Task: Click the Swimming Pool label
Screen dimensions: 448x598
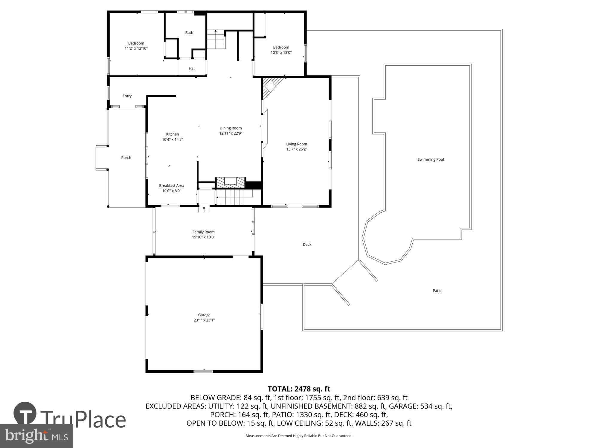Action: pyautogui.click(x=431, y=159)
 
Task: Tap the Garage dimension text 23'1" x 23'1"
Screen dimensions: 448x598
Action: pyautogui.click(x=204, y=320)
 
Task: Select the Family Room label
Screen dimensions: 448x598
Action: pyautogui.click(x=203, y=232)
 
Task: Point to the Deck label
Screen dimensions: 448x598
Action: pyautogui.click(x=307, y=245)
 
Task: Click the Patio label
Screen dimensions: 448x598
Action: pyautogui.click(x=437, y=291)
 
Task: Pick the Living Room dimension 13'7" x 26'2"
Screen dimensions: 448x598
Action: pyautogui.click(x=297, y=149)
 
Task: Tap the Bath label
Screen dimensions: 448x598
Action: pyautogui.click(x=189, y=33)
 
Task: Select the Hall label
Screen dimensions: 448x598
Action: pyautogui.click(x=192, y=69)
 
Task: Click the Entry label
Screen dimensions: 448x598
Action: pyautogui.click(x=127, y=96)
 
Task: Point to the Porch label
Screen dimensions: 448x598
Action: pyautogui.click(x=126, y=158)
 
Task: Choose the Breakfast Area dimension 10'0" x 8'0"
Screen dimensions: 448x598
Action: pyautogui.click(x=172, y=191)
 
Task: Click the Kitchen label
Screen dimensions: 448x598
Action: pyautogui.click(x=173, y=134)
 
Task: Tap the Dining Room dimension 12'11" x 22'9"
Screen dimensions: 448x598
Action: pyautogui.click(x=231, y=134)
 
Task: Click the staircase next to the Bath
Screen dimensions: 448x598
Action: pyautogui.click(x=216, y=39)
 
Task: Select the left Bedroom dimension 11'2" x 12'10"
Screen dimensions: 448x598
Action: pyautogui.click(x=136, y=48)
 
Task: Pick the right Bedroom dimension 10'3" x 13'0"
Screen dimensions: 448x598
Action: pyautogui.click(x=281, y=53)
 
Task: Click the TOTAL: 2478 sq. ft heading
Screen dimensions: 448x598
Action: pyautogui.click(x=299, y=389)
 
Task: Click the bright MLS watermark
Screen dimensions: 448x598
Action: pyautogui.click(x=36, y=436)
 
